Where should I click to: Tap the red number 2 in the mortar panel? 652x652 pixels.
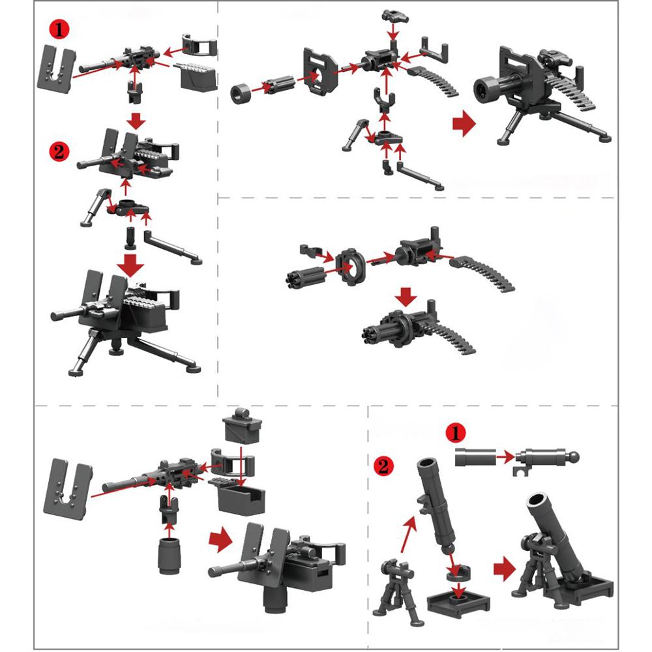[x=385, y=466]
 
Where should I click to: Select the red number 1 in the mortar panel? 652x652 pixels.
[x=456, y=433]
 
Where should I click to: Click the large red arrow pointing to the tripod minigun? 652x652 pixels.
[x=462, y=124]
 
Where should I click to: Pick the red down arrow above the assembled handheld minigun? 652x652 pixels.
[x=407, y=298]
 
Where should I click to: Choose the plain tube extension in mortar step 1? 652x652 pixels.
[x=472, y=458]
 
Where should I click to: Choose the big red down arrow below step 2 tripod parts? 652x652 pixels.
[x=133, y=264]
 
